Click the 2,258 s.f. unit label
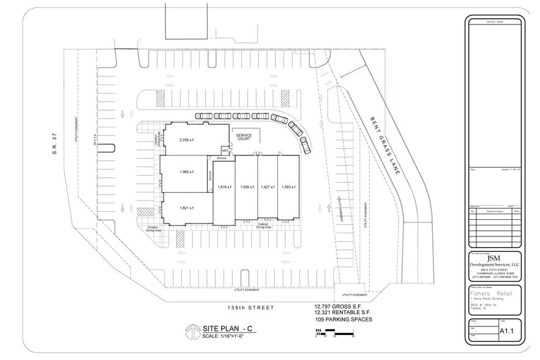pyautogui.click(x=187, y=140)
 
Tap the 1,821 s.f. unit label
pyautogui.click(x=187, y=208)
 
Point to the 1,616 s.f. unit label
pyautogui.click(x=224, y=187)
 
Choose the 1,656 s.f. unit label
pyautogui.click(x=247, y=187)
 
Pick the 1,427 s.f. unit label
pyautogui.click(x=268, y=187)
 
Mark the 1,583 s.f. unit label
pyautogui.click(x=288, y=187)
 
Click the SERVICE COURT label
pyautogui.click(x=244, y=137)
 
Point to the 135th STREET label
pyautogui.click(x=250, y=307)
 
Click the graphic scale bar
pyautogui.click(x=335, y=332)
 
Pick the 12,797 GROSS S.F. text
pyautogui.click(x=339, y=306)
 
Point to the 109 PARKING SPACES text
pyautogui.click(x=343, y=320)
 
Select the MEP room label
pyautogui.click(x=225, y=149)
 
